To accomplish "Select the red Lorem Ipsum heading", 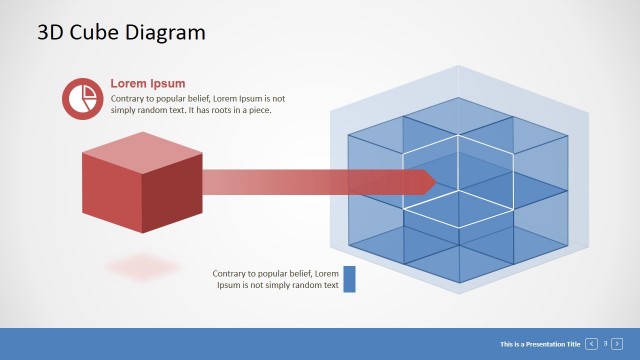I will pyautogui.click(x=147, y=84).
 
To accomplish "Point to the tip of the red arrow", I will pyautogui.click(x=435, y=181).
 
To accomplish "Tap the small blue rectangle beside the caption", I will pyautogui.click(x=349, y=279).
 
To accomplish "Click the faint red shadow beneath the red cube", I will pyautogui.click(x=143, y=267).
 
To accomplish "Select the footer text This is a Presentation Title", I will pyautogui.click(x=540, y=344).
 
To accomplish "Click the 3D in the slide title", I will pyautogui.click(x=52, y=32).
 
